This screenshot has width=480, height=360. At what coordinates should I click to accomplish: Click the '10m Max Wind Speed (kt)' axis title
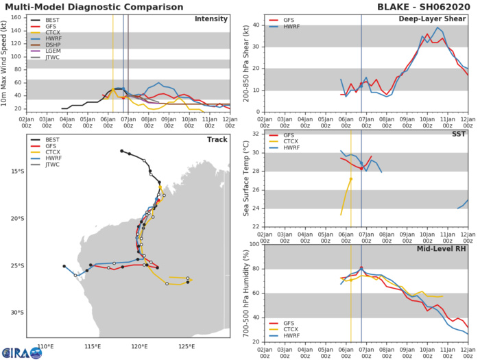(x=5, y=63)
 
